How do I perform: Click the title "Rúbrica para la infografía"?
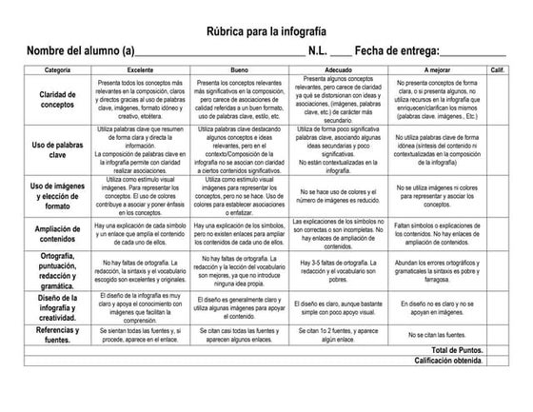(x=266, y=30)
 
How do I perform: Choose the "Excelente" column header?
(x=140, y=71)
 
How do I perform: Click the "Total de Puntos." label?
(x=446, y=350)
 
